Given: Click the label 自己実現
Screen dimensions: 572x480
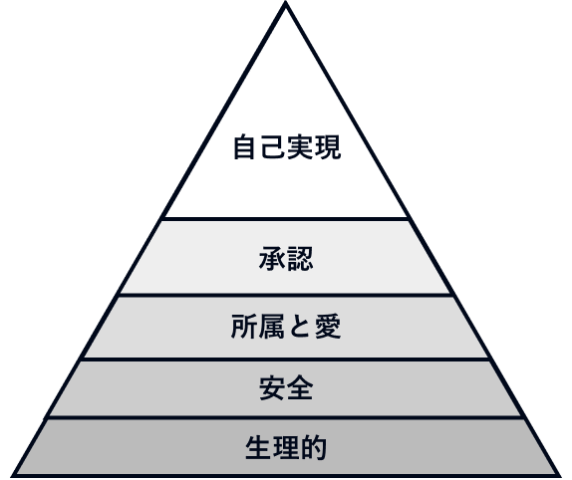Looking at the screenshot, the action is pos(287,146).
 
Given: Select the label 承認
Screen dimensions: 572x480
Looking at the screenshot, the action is pos(286,258).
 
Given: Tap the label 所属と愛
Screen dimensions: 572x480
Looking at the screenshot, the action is pos(286,327).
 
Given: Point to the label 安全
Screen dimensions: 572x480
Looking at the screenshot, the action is pos(286,388).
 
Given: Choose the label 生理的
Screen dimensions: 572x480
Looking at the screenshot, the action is pos(286,447).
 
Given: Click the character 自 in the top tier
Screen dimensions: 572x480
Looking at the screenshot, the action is pos(244,146).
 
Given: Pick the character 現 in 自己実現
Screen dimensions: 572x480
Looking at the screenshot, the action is pos(328,146).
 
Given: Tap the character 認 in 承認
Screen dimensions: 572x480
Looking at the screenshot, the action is pos(300,258).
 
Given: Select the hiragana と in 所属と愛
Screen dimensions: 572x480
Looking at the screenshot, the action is pos(300,327).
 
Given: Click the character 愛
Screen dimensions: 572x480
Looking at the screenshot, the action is pos(328,327).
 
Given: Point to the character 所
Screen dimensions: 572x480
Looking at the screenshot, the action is pos(244,327).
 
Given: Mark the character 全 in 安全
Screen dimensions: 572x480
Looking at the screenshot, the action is pos(300,388).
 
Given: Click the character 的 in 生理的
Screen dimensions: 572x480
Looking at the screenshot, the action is pos(314,447).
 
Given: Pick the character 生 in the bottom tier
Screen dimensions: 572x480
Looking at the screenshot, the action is pos(259,447).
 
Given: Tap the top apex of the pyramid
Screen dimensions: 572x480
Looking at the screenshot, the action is pos(286,2).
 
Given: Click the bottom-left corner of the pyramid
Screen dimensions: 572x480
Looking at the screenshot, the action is pos(12,476).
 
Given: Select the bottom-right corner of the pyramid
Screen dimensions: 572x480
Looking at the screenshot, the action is pos(560,476).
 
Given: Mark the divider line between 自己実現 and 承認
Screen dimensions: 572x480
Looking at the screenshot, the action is pos(285,219).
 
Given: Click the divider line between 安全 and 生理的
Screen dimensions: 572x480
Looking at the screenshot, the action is pos(285,417).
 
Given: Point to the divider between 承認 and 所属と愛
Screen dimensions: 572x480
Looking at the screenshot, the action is pos(285,295).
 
